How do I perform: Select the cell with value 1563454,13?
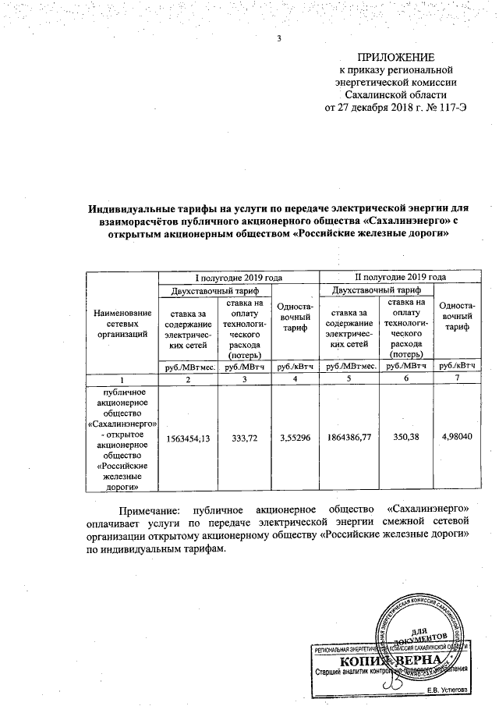click(188, 438)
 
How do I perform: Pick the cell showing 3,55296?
click(295, 438)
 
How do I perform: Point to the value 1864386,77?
click(348, 438)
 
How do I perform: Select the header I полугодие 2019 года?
click(239, 277)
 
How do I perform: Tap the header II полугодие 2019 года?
click(401, 277)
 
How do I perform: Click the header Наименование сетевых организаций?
click(122, 323)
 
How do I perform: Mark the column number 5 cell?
click(349, 378)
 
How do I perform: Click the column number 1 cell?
click(122, 378)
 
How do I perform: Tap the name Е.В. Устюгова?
click(448, 690)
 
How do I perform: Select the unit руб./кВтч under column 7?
click(457, 365)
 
